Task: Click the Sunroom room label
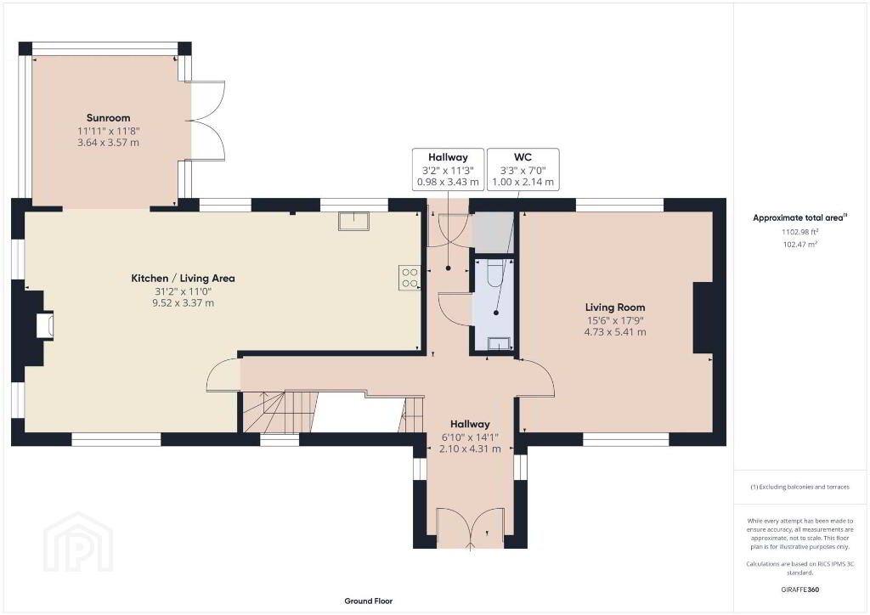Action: coord(108,117)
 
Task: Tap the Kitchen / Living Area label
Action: coord(184,279)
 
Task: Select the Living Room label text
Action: coord(615,307)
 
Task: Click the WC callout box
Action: coord(523,169)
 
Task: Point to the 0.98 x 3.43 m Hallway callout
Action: coord(448,169)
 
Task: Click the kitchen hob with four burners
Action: coord(410,278)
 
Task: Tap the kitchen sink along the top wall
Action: coord(354,221)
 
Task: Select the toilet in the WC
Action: coord(494,273)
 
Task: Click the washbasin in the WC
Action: coord(500,344)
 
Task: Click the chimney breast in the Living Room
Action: coord(703,317)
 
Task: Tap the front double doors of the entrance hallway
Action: coord(471,528)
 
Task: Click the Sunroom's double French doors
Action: coord(208,121)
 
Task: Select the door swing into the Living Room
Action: coord(535,377)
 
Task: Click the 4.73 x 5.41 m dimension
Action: coord(615,332)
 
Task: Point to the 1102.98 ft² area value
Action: coord(800,233)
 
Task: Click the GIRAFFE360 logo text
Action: coord(800,590)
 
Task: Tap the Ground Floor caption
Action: coord(369,601)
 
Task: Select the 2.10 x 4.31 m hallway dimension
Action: coord(470,449)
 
